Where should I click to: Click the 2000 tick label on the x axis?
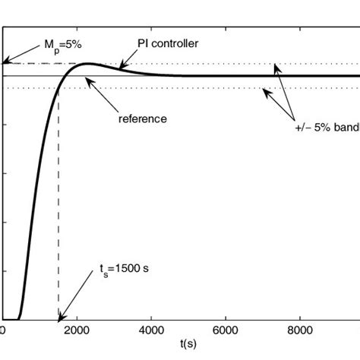tap(77, 332)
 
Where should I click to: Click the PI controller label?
tap(169, 44)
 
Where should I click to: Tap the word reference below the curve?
tap(143, 118)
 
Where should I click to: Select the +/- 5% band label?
tap(327, 128)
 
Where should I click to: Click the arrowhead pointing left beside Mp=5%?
tap(5, 62)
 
